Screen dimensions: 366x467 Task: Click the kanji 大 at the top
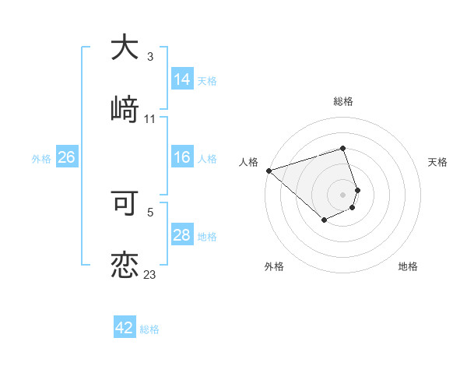coord(125,48)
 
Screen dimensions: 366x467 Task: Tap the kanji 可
coord(125,203)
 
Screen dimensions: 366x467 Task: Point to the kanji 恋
coord(125,264)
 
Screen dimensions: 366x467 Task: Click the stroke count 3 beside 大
coord(150,57)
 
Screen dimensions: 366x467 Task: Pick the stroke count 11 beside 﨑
coord(150,119)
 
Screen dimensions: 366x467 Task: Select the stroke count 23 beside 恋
coord(150,275)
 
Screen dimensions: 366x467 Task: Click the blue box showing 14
coord(182,79)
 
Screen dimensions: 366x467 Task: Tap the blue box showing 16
coord(182,157)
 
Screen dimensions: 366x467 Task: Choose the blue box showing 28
coord(182,235)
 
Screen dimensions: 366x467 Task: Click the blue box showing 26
coord(66,157)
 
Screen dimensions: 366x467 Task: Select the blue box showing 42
coord(125,328)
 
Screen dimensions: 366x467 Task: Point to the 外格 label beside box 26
coord(41,158)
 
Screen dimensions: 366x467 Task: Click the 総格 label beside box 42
coord(149,329)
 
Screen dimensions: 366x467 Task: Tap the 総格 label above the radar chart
coord(343,101)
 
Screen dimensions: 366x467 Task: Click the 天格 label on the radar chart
coord(438,162)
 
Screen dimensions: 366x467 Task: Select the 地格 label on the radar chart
coord(408,266)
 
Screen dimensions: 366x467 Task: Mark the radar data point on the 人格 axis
coord(269,170)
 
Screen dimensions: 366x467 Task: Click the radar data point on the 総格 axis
coord(343,148)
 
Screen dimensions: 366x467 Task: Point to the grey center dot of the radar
coord(343,195)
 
